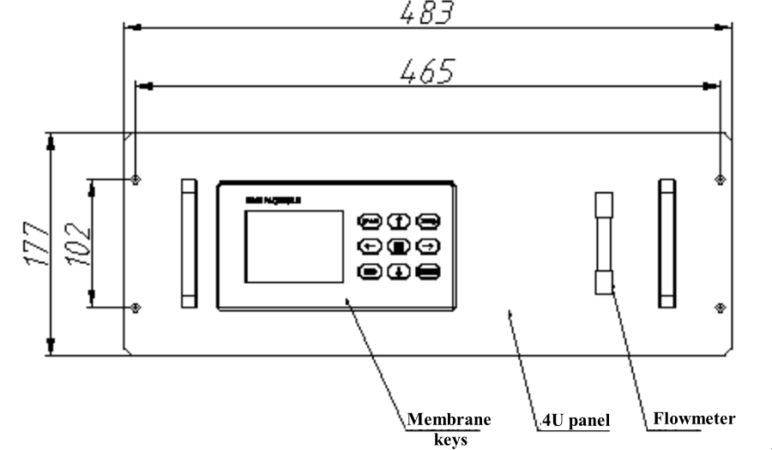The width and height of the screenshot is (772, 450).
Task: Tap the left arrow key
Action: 370,247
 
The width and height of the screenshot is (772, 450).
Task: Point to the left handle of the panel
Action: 189,243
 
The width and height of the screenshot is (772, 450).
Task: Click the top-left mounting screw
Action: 136,179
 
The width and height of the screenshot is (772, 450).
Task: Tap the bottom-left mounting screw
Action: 136,307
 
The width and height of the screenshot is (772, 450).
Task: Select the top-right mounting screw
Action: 719,179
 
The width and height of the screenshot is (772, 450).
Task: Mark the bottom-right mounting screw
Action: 719,307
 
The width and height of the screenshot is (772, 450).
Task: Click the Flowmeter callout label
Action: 694,419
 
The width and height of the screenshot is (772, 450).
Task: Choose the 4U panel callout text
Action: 576,421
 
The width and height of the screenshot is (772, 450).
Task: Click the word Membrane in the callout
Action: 449,420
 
